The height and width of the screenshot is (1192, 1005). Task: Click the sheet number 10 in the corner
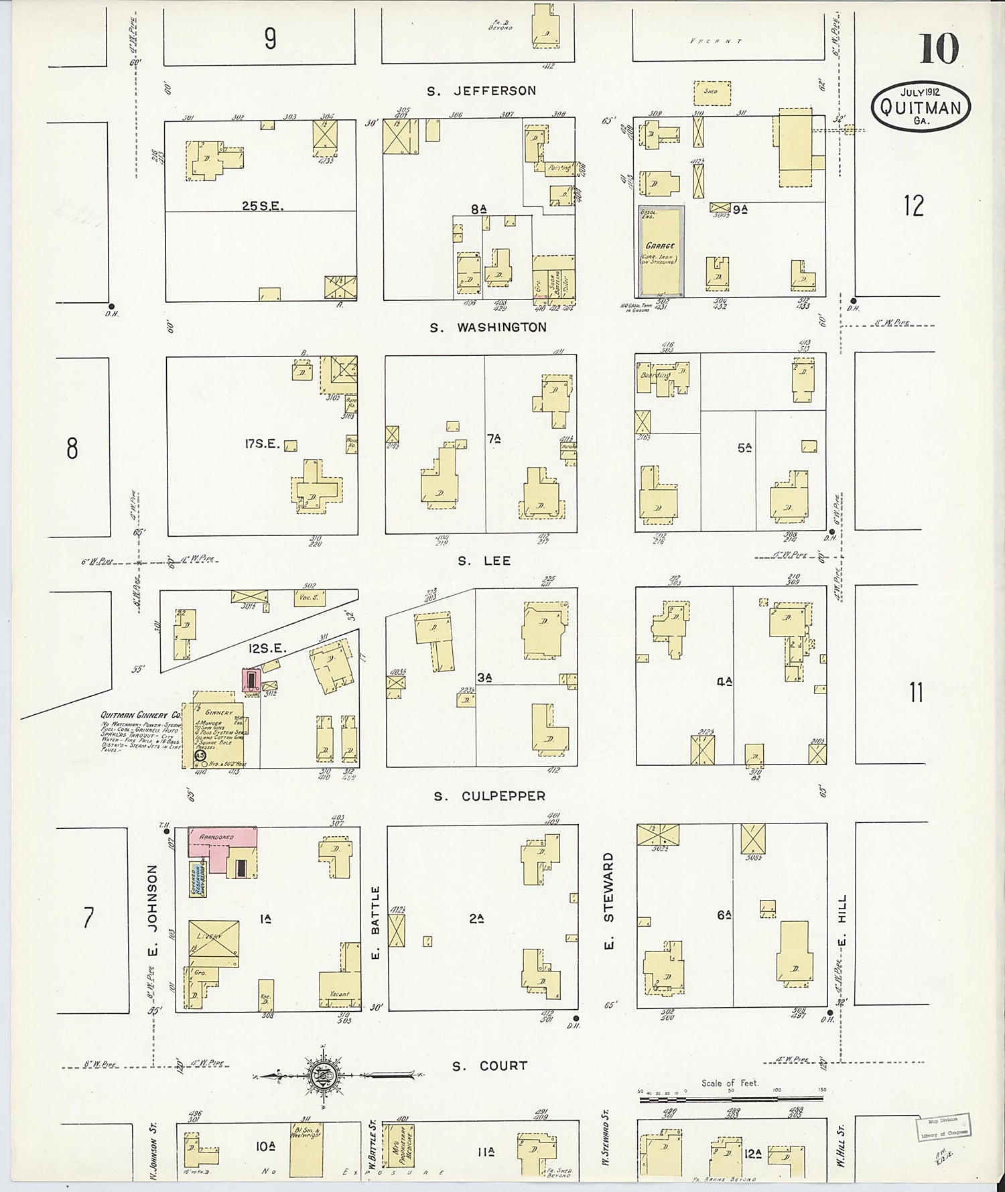939,48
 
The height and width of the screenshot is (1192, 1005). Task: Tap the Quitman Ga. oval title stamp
921,107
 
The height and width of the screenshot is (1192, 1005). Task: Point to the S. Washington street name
489,328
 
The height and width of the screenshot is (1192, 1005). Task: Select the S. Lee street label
484,561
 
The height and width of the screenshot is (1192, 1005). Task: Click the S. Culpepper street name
489,796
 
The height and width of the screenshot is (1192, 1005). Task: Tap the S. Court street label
490,1066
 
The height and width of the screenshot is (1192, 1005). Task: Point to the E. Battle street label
375,921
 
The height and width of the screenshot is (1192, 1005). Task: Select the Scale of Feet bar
731,1098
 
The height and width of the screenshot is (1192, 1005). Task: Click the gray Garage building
661,251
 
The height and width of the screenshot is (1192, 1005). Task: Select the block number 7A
494,439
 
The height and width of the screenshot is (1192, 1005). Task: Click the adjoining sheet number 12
913,206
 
